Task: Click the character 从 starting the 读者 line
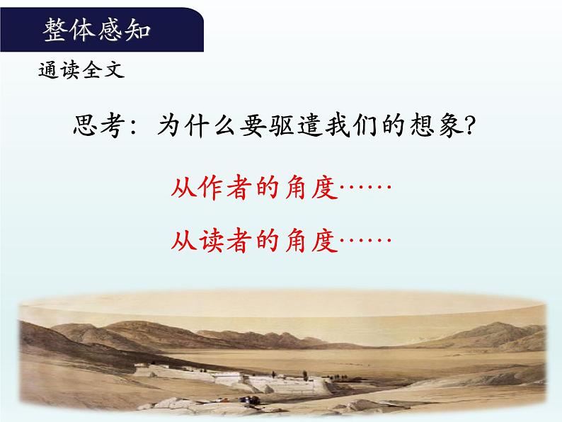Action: point(185,241)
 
